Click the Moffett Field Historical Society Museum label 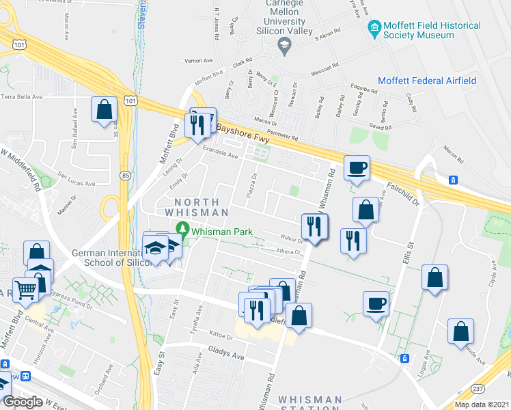pyautogui.click(x=432, y=30)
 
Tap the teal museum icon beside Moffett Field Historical pyautogui.click(x=374, y=28)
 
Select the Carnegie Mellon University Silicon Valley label pyautogui.click(x=284, y=17)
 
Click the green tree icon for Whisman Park pyautogui.click(x=182, y=228)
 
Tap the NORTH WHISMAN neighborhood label pyautogui.click(x=197, y=207)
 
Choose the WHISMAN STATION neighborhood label pyautogui.click(x=310, y=404)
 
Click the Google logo pyautogui.click(x=23, y=402)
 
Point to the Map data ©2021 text pyautogui.click(x=482, y=404)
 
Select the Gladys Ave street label pyautogui.click(x=225, y=356)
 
